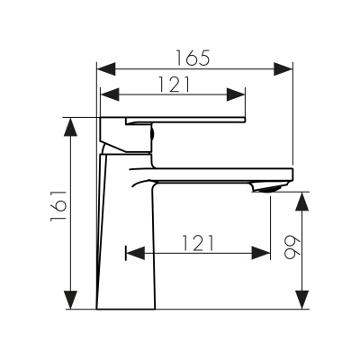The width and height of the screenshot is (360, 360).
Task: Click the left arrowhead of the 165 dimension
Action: click(x=101, y=68)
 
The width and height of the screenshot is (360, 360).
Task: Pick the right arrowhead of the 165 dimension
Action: click(x=289, y=68)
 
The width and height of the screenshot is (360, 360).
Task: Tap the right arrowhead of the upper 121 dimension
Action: click(x=240, y=94)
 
